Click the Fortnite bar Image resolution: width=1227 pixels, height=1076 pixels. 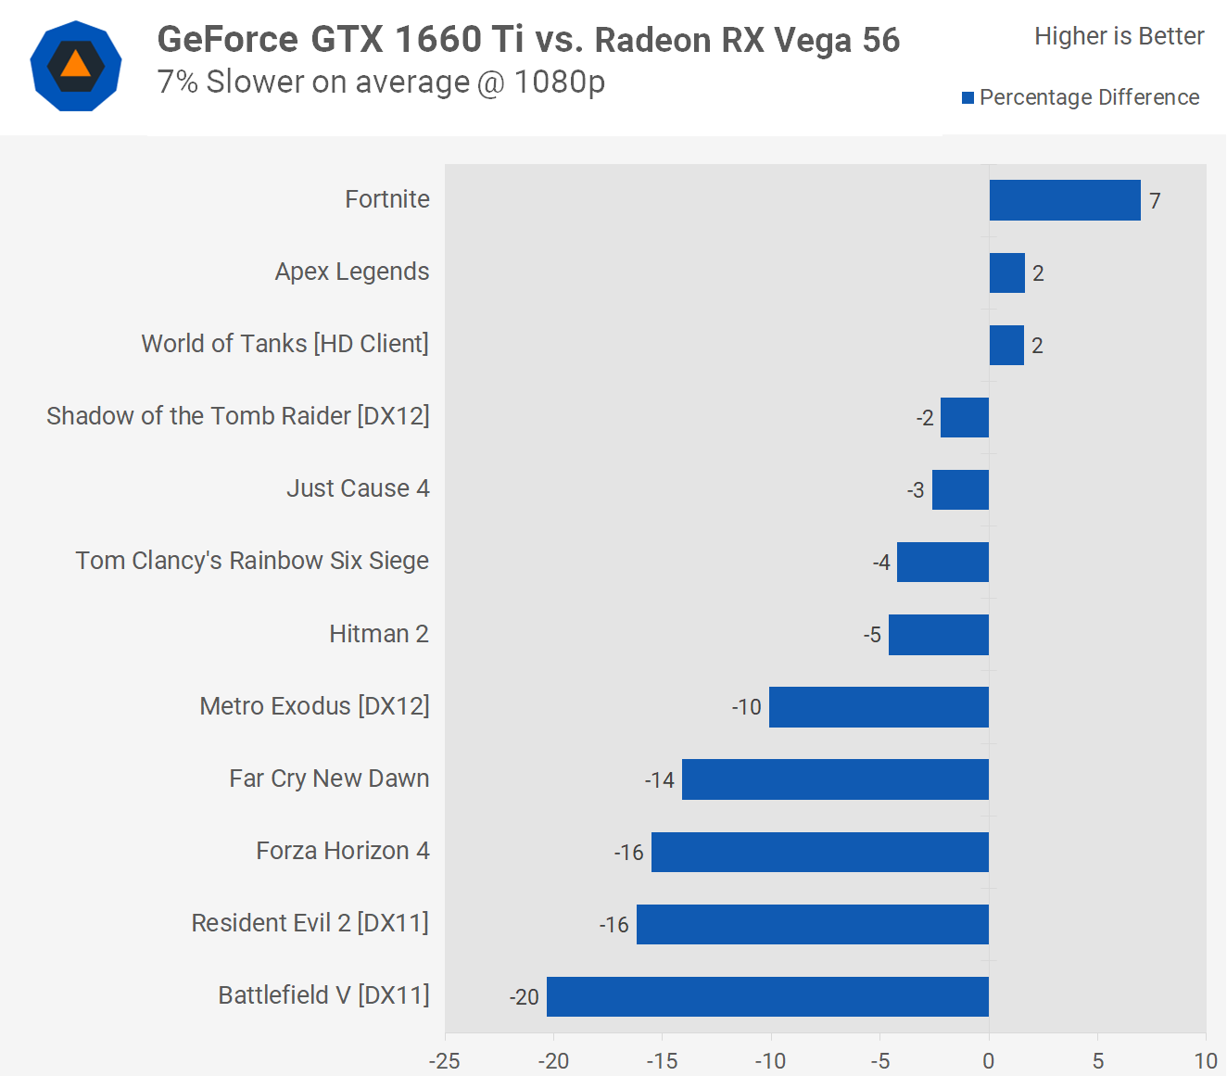pos(1065,200)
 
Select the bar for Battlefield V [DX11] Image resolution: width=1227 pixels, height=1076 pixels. pos(767,996)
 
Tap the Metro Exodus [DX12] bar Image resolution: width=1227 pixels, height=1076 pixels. pos(879,707)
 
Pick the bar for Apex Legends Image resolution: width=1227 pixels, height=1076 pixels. pos(1007,272)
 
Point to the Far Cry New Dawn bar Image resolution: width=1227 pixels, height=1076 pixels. pos(835,779)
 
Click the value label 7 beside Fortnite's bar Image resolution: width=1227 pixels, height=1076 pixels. pos(1155,201)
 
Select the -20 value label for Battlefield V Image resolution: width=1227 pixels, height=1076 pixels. pos(524,997)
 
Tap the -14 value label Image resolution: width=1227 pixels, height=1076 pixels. pos(659,780)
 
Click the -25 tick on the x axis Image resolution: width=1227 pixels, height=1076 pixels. pos(445,1061)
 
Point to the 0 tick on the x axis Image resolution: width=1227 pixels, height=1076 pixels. pos(989,1061)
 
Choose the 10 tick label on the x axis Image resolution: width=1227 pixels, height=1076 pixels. pos(1206,1061)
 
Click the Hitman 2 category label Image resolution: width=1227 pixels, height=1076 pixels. pos(379,634)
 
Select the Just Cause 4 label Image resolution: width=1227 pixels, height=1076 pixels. pos(358,488)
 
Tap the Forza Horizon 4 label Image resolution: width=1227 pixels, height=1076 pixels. pos(343,851)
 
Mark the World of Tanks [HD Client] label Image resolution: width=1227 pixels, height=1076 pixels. pos(285,344)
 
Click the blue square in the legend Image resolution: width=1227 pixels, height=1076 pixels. pos(968,98)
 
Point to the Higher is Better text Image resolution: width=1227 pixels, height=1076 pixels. pos(1119,36)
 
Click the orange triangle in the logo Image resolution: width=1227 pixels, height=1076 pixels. pos(76,64)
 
